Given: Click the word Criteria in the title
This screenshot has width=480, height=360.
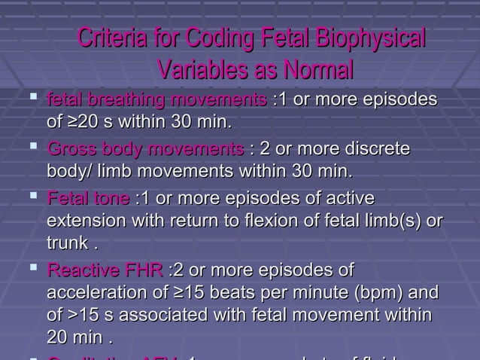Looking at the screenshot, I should click(x=114, y=39).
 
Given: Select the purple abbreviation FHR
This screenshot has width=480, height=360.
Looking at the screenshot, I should click(x=144, y=270).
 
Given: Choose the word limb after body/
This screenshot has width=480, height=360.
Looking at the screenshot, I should click(x=118, y=170).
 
